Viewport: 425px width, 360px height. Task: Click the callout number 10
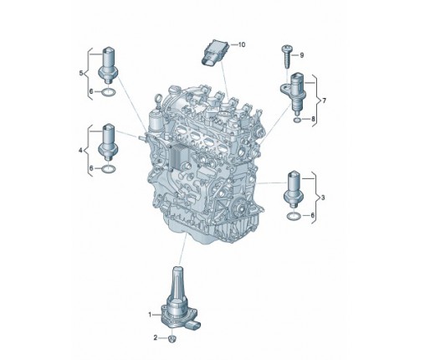[242, 44]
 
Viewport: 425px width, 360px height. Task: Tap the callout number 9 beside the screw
[301, 55]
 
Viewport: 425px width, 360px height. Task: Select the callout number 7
[324, 100]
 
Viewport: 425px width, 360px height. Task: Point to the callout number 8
[313, 119]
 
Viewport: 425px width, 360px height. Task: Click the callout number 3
[323, 198]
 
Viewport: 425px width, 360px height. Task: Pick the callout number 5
[81, 74]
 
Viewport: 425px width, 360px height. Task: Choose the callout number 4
[80, 151]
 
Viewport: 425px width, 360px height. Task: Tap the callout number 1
[150, 315]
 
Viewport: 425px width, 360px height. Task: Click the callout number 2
[156, 338]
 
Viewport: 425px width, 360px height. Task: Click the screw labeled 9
[286, 57]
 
